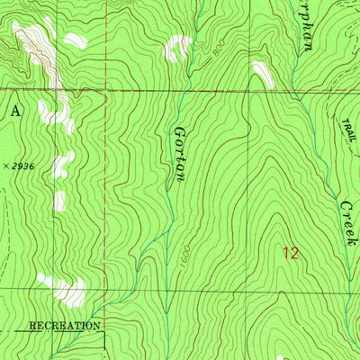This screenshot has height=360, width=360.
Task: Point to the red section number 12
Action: click(x=290, y=253)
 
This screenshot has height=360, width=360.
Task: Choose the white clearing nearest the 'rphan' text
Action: click(x=262, y=74)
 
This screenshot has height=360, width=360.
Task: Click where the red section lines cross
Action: click(x=103, y=90)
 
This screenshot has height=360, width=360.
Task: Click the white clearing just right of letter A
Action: click(x=54, y=115)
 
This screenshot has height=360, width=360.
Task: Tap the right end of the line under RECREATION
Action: click(x=103, y=332)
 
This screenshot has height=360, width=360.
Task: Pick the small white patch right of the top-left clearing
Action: click(x=72, y=40)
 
